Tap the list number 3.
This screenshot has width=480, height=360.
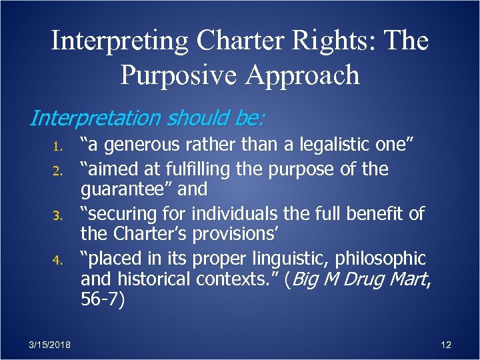(58, 215)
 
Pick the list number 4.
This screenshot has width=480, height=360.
(58, 260)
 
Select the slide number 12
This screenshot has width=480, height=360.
(446, 345)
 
